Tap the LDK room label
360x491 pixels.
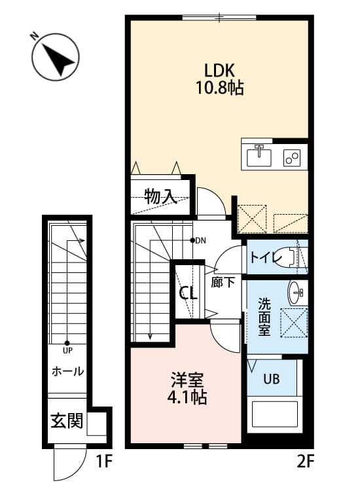click(219, 70)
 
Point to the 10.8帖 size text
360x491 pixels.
click(219, 88)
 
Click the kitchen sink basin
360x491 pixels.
click(261, 156)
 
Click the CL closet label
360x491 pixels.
click(189, 293)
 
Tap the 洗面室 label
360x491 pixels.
click(264, 318)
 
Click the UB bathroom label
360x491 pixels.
click(272, 378)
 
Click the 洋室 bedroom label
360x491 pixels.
click(189, 379)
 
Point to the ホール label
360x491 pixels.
click(67, 371)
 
